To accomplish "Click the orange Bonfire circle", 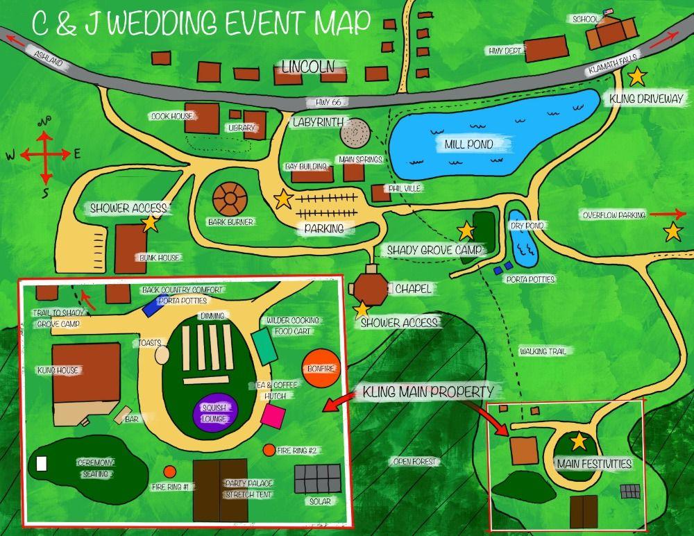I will [x=321, y=369].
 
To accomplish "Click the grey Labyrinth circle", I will [x=355, y=131].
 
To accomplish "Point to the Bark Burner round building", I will [x=230, y=200].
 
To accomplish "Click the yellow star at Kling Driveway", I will [x=636, y=76].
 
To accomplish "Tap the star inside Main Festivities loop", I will [x=578, y=440].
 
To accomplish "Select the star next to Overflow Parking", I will [x=672, y=231].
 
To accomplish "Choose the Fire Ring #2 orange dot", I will [x=269, y=450].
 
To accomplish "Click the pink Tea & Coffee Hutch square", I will [x=273, y=416].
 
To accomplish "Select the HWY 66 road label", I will [x=328, y=102].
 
